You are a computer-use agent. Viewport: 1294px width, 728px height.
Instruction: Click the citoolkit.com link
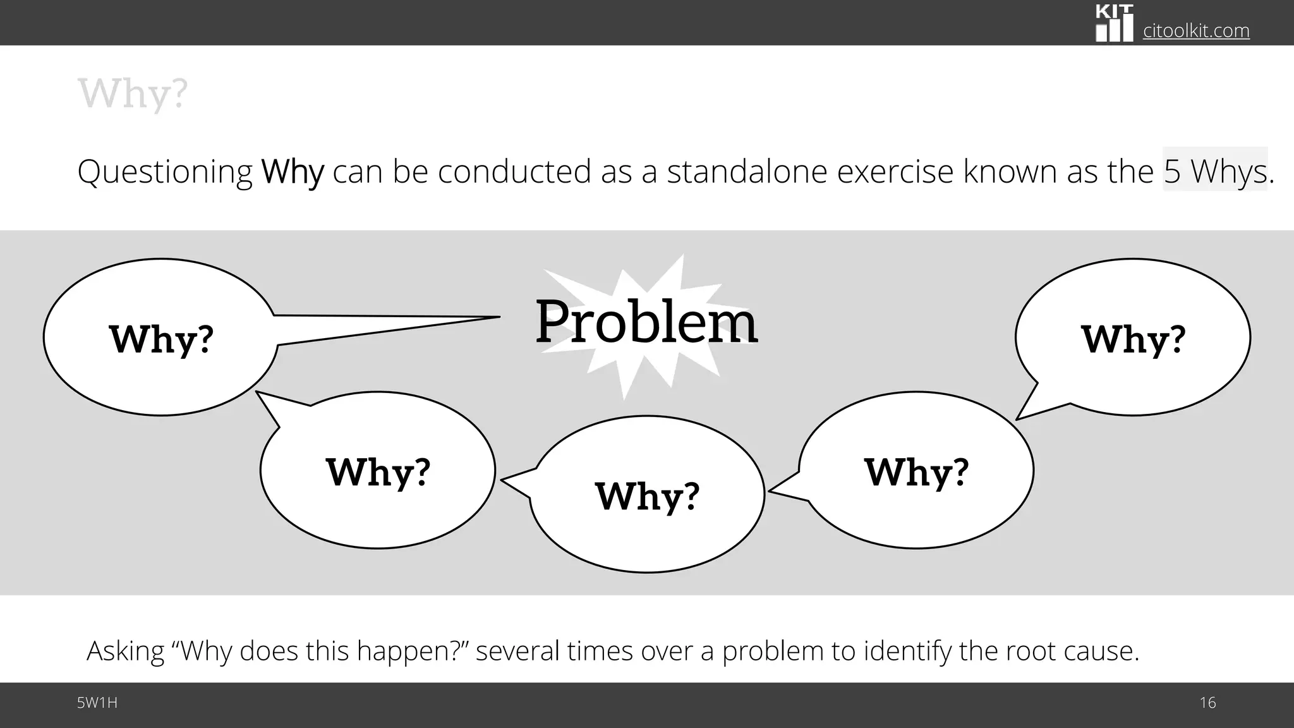(x=1196, y=30)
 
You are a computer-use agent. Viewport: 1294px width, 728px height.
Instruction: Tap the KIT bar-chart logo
(x=1114, y=23)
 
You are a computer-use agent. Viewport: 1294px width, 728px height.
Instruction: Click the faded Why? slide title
(x=133, y=94)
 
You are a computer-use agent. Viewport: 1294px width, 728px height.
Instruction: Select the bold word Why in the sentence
(x=293, y=171)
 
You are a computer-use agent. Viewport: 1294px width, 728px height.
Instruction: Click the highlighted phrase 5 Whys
(x=1215, y=171)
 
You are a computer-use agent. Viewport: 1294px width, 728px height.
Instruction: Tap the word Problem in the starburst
(x=646, y=322)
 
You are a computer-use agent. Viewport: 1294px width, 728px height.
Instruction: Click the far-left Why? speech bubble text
(x=161, y=339)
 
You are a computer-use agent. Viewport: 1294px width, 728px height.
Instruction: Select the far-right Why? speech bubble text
(x=1133, y=339)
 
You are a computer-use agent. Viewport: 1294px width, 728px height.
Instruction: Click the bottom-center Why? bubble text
(x=647, y=496)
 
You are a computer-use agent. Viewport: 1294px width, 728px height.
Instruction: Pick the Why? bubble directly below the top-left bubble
(x=378, y=472)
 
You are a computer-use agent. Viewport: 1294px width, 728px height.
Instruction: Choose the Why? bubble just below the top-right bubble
(x=916, y=472)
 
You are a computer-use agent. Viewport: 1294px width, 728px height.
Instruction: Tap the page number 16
(x=1207, y=703)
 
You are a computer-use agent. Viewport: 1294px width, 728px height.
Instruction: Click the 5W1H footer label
(x=97, y=703)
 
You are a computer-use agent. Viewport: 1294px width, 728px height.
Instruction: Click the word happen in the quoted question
(x=398, y=651)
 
